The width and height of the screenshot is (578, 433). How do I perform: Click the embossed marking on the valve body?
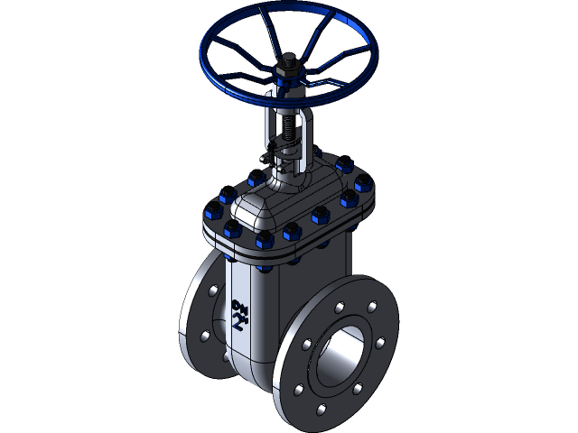(240, 315)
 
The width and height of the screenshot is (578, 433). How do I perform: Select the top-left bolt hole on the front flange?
(309, 343)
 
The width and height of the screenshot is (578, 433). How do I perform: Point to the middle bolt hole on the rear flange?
(204, 336)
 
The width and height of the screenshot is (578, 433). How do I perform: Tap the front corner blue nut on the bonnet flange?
(265, 242)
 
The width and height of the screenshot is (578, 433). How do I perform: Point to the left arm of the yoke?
(270, 131)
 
